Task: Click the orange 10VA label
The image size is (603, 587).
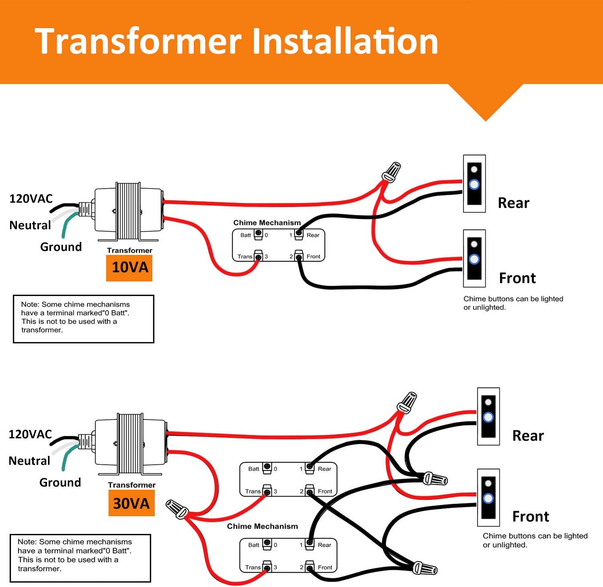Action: pyautogui.click(x=129, y=267)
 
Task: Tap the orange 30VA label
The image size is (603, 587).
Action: pyautogui.click(x=131, y=503)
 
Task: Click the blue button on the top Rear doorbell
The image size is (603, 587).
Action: pyautogui.click(x=474, y=185)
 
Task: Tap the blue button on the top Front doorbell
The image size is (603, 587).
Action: pyautogui.click(x=474, y=259)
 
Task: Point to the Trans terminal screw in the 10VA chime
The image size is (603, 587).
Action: pyautogui.click(x=258, y=257)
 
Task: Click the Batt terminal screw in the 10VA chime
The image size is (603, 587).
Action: pyautogui.click(x=258, y=233)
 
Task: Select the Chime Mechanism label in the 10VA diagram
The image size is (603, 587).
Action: pyautogui.click(x=267, y=223)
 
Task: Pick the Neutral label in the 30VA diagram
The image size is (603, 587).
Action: pyautogui.click(x=29, y=461)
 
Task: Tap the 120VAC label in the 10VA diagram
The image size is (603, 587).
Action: pyautogui.click(x=31, y=199)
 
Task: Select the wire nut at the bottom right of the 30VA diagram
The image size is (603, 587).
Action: pyautogui.click(x=425, y=569)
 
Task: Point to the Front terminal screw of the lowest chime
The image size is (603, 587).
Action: pyautogui.click(x=310, y=567)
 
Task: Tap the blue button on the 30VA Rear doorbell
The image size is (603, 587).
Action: pyautogui.click(x=488, y=417)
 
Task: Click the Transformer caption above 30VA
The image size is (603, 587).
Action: pyautogui.click(x=131, y=485)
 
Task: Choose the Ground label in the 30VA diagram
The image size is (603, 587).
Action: pyautogui.click(x=60, y=482)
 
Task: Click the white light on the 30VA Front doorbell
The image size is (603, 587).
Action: pyautogui.click(x=488, y=483)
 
